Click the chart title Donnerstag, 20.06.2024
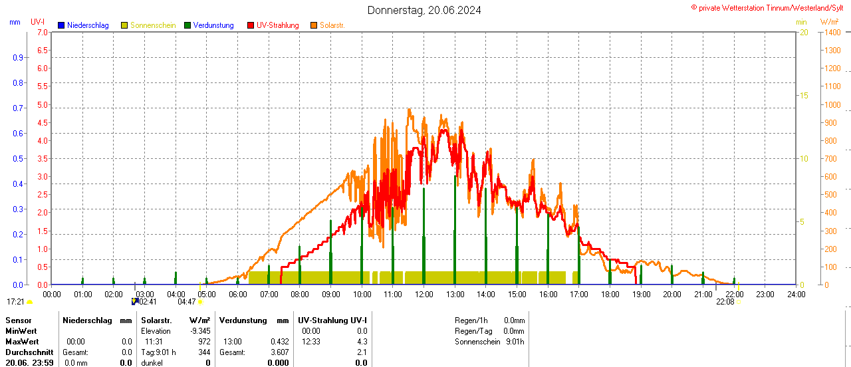424,10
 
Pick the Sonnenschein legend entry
152,25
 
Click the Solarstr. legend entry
331,25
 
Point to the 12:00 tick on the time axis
424,294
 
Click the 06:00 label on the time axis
238,294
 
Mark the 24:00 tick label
796,294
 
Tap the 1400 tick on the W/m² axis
832,32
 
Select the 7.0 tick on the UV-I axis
42,32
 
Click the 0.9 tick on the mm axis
18,57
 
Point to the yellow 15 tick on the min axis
804,95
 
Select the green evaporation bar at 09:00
330,253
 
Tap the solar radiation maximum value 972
204,341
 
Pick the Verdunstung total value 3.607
279,352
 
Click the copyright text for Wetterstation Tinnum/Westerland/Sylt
771,7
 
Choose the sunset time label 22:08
725,302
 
